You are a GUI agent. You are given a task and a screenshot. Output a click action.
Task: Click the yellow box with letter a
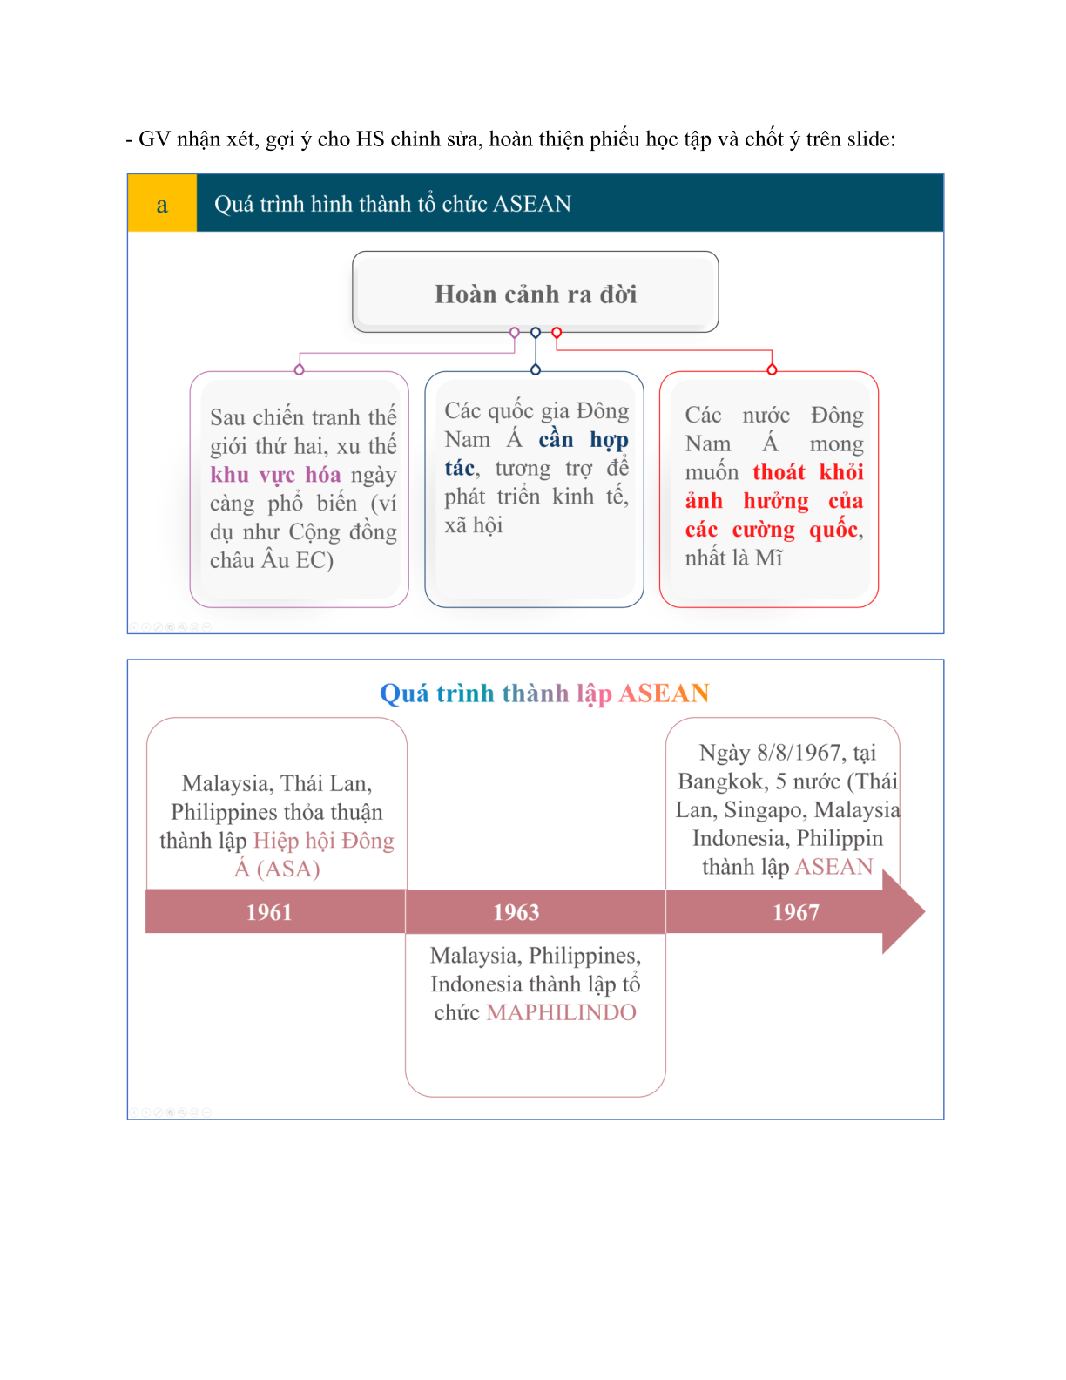coord(162,203)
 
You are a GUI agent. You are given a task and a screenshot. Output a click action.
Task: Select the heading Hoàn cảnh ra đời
coord(536,294)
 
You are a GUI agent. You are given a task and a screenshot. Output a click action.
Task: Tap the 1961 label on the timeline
coord(269,912)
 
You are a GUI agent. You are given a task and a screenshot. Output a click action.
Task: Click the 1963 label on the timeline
coord(516,912)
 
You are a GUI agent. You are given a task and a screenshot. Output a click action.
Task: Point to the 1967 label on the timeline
coord(795,912)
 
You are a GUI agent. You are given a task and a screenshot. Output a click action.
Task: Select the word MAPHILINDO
coord(561,1012)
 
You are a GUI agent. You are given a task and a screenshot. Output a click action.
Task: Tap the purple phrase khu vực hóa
coord(275,475)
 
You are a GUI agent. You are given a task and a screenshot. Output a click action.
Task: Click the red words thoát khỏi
coord(808,472)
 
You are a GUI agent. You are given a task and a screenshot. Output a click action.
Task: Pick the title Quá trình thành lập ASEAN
coord(544,693)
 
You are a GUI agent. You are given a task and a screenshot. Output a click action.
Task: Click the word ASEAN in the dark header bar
coord(531,204)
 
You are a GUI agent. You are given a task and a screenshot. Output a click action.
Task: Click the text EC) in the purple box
coord(314,560)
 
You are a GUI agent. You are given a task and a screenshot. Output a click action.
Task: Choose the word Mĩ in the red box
coord(769,558)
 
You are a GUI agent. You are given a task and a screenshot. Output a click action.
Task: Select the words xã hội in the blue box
coord(473,525)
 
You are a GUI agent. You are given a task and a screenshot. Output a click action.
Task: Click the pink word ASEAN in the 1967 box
coord(833,867)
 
